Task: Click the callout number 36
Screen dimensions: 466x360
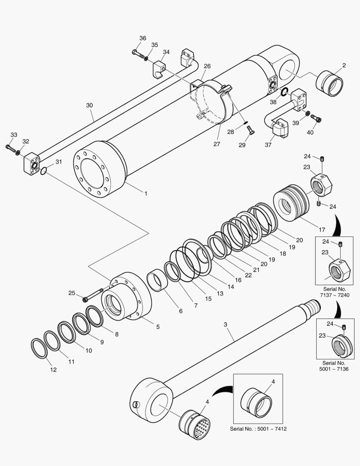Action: point(143,38)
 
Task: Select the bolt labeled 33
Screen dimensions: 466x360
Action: point(10,148)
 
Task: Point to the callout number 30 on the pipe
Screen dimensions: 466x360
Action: point(89,105)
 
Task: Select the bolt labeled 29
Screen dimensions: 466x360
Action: point(252,133)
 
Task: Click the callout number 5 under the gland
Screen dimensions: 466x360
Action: point(157,327)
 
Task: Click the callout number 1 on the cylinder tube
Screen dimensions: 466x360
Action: point(145,194)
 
